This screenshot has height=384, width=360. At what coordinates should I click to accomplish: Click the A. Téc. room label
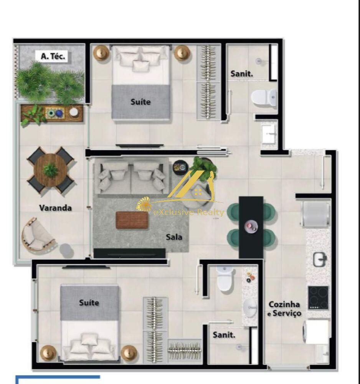click(53, 56)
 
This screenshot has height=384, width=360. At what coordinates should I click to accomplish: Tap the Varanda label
click(55, 208)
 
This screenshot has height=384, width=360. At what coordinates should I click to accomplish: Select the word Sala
click(174, 237)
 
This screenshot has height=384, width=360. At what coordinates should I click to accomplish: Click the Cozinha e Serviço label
click(284, 309)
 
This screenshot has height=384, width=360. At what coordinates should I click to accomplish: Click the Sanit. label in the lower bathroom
click(224, 335)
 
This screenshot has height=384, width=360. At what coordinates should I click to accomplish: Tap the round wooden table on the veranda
click(50, 170)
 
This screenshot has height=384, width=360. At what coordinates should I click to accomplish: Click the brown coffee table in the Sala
click(132, 220)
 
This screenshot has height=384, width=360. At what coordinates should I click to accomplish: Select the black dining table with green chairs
click(251, 227)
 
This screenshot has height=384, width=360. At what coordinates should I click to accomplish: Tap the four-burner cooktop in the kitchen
click(318, 298)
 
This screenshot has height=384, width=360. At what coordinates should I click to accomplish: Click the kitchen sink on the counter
click(319, 260)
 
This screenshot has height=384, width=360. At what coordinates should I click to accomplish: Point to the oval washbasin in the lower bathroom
click(250, 307)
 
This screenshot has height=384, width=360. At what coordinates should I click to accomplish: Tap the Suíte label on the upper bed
click(140, 102)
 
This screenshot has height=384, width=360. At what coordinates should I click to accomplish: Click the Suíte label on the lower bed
click(89, 303)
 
